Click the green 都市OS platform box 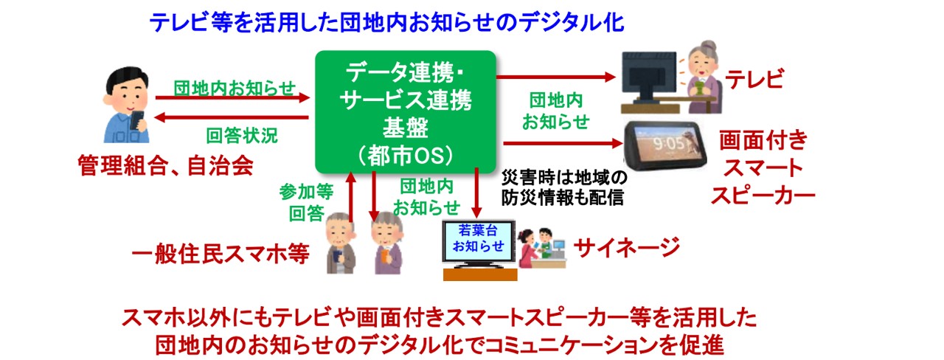(x=406, y=112)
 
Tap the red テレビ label (x=754, y=79)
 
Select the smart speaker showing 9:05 (x=665, y=145)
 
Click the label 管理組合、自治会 (x=166, y=165)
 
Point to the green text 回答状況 (x=242, y=136)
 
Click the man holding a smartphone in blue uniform (x=126, y=105)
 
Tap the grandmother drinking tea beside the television (x=702, y=77)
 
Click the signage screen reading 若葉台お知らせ (x=479, y=243)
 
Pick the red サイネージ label (x=627, y=247)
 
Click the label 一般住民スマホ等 (x=221, y=254)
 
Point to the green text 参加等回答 (x=306, y=203)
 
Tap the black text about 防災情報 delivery (x=564, y=187)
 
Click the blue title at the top (x=386, y=22)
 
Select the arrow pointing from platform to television (x=556, y=77)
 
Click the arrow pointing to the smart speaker (x=563, y=143)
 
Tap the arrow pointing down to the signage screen (x=476, y=193)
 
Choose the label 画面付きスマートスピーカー (x=763, y=167)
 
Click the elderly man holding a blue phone (x=341, y=243)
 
